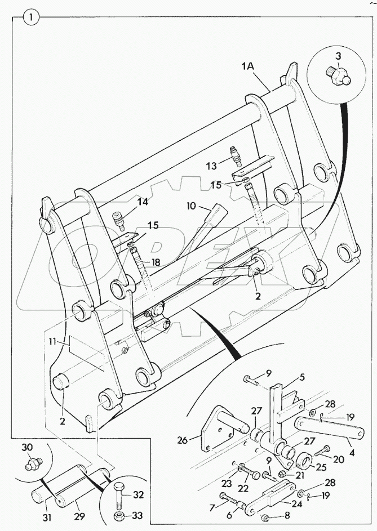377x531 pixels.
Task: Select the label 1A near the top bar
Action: pos(249,66)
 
